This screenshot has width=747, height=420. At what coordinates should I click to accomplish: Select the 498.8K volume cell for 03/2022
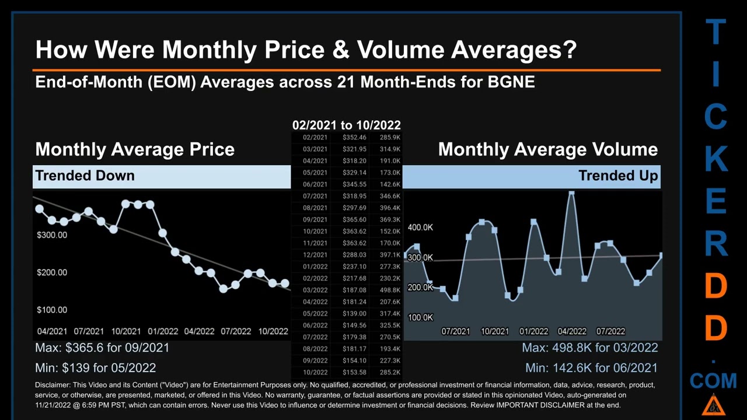tap(389, 290)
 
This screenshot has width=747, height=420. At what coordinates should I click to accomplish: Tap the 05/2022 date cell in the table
tap(315, 313)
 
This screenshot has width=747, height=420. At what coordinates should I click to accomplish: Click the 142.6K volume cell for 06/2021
tap(389, 184)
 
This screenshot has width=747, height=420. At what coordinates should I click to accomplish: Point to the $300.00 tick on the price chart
tap(52, 235)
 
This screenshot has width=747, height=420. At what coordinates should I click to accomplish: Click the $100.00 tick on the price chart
tap(52, 310)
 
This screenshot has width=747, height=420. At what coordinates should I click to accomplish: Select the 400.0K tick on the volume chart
tap(420, 227)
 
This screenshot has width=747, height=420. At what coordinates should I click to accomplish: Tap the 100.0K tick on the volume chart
tap(420, 317)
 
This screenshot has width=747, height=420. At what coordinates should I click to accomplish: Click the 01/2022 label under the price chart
tap(163, 331)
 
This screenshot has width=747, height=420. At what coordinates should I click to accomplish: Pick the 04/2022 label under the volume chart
tap(572, 331)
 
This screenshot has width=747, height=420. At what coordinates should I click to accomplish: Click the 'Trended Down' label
tap(85, 176)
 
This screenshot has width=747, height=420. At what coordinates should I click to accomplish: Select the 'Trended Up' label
tap(618, 176)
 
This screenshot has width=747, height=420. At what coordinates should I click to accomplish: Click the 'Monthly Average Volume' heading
tap(547, 149)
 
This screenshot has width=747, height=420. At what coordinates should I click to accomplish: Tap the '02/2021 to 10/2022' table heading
tap(346, 125)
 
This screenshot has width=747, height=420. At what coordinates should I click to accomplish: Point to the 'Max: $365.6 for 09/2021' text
tap(102, 348)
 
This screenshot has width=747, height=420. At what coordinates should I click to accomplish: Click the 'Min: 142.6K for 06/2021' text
tap(591, 368)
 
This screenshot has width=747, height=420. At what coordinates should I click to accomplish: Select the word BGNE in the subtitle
tap(511, 82)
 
